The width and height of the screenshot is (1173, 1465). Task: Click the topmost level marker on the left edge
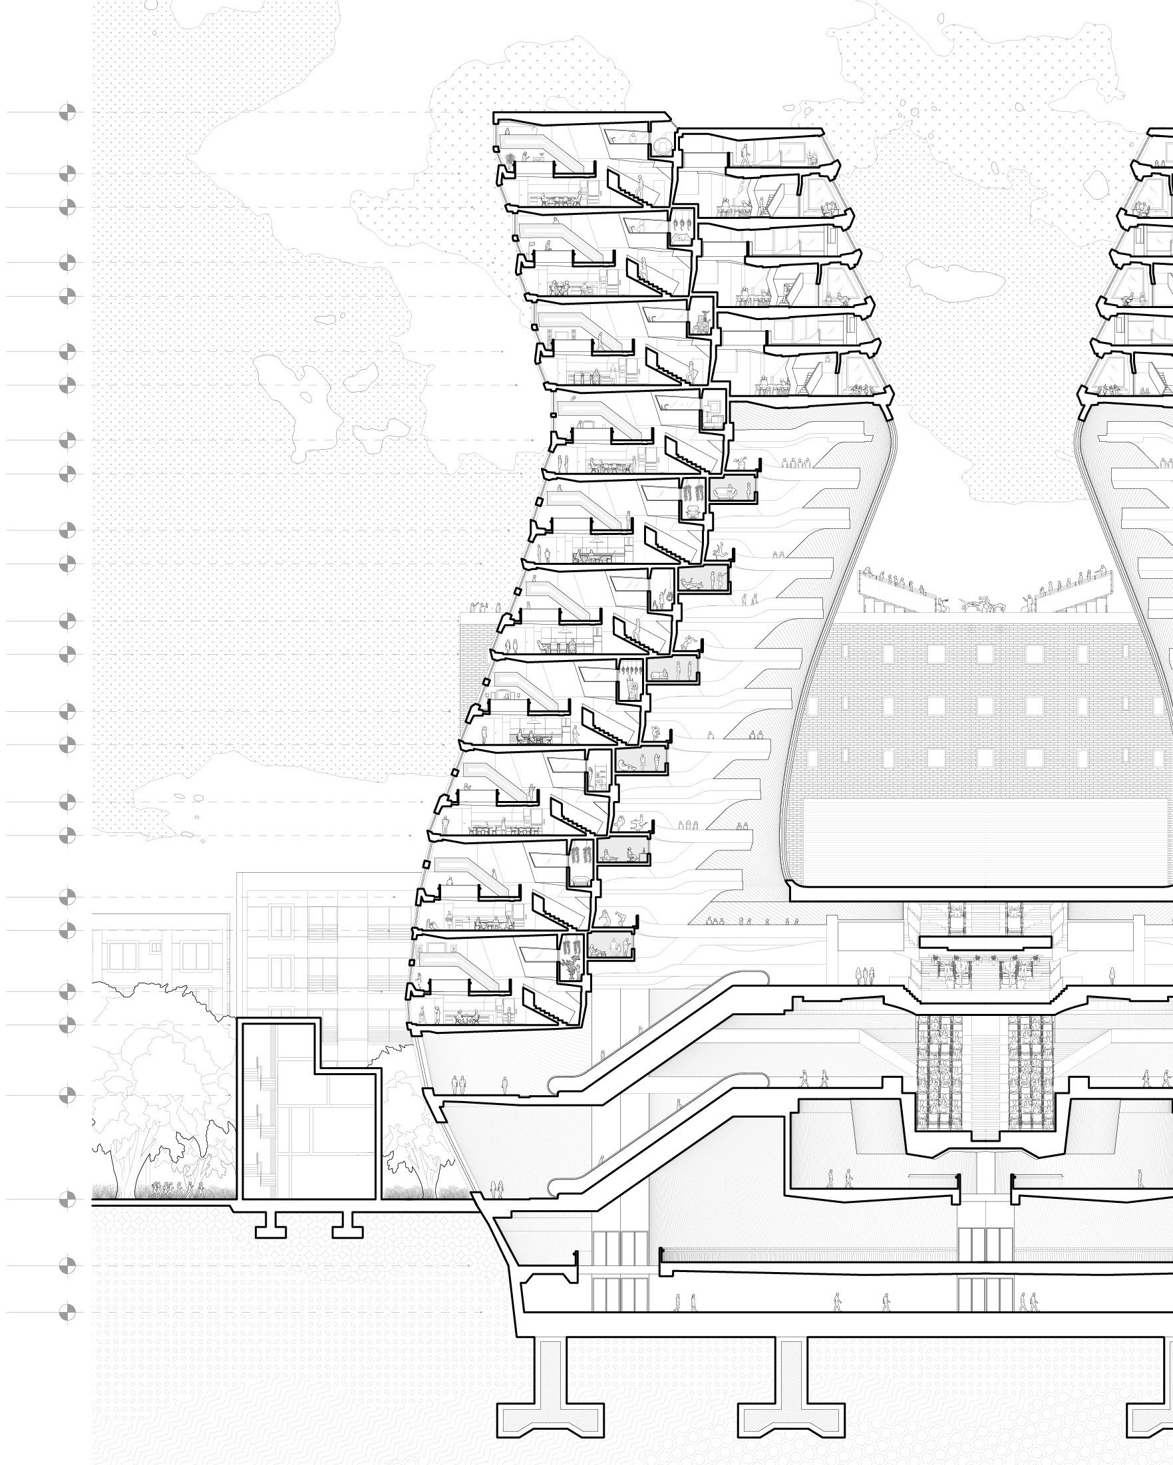tap(67, 113)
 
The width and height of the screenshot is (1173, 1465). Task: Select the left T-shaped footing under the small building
tap(271, 1229)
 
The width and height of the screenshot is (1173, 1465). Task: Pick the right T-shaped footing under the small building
tap(347, 1229)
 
